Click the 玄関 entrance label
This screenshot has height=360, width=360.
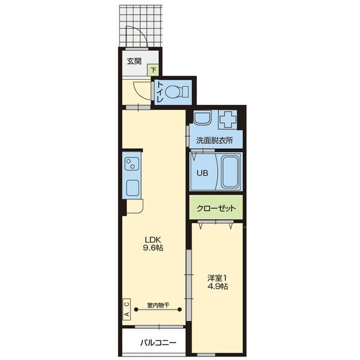[x=134, y=61]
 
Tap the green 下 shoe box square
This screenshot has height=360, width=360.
[x=153, y=70]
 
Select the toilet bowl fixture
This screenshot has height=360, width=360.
[x=176, y=92]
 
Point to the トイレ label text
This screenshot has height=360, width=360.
[x=160, y=92]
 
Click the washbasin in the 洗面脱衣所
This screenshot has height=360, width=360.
[x=202, y=118]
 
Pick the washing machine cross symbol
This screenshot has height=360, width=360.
[x=228, y=119]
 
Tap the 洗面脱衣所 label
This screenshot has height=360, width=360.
[x=214, y=140]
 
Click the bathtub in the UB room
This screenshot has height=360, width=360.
[x=230, y=172]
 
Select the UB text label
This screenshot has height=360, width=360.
[x=202, y=173]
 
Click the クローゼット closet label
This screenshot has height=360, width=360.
[x=216, y=208]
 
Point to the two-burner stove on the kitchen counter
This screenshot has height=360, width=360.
[x=131, y=163]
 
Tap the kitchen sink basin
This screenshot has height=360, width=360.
[x=133, y=188]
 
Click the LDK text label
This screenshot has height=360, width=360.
[x=153, y=240]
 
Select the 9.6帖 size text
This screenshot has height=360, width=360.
[x=153, y=248]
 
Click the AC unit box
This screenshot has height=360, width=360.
[x=127, y=309]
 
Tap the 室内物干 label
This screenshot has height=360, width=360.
[x=158, y=305]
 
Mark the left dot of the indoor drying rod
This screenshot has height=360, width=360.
[x=136, y=310]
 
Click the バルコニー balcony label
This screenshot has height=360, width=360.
[x=158, y=343]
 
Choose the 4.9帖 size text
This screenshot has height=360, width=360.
[x=218, y=286]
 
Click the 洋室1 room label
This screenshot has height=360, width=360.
[x=217, y=278]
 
